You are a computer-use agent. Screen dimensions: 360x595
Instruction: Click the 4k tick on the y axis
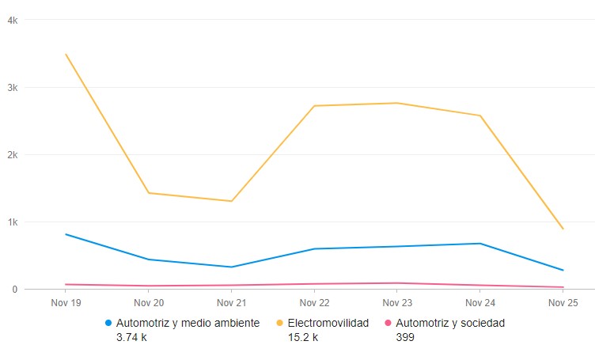tap(12, 20)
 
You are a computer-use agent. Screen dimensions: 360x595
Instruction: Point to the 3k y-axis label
tap(12, 87)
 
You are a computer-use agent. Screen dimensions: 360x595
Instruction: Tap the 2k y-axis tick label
tap(12, 154)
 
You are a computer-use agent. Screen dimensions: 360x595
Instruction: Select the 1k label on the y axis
tap(12, 222)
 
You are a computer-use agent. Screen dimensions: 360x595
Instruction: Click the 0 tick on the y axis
tap(14, 289)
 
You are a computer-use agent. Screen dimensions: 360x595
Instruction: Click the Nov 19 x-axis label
tap(66, 302)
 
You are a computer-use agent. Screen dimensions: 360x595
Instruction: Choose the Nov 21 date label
tap(232, 302)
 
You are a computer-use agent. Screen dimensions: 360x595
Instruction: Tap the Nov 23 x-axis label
tap(397, 302)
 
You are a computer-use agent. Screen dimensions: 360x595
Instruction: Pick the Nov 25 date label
tap(563, 302)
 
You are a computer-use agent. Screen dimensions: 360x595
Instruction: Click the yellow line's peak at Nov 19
tap(66, 55)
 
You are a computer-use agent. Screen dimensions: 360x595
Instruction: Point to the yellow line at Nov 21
tap(232, 201)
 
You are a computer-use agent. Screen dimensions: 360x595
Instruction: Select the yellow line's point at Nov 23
tap(397, 103)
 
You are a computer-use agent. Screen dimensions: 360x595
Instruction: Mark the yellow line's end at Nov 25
tap(563, 229)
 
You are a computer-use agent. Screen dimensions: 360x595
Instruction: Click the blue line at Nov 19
tap(66, 234)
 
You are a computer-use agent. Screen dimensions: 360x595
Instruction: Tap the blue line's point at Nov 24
tap(480, 243)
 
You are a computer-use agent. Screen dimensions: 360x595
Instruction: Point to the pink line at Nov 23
tap(397, 282)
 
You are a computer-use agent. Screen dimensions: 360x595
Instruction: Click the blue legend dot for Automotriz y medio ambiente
tap(108, 324)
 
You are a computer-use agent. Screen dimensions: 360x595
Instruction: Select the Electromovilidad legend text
tap(328, 323)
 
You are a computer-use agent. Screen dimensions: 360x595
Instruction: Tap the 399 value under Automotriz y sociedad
tap(405, 337)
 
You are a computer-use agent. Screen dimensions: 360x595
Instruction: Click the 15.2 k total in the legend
tap(303, 337)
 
